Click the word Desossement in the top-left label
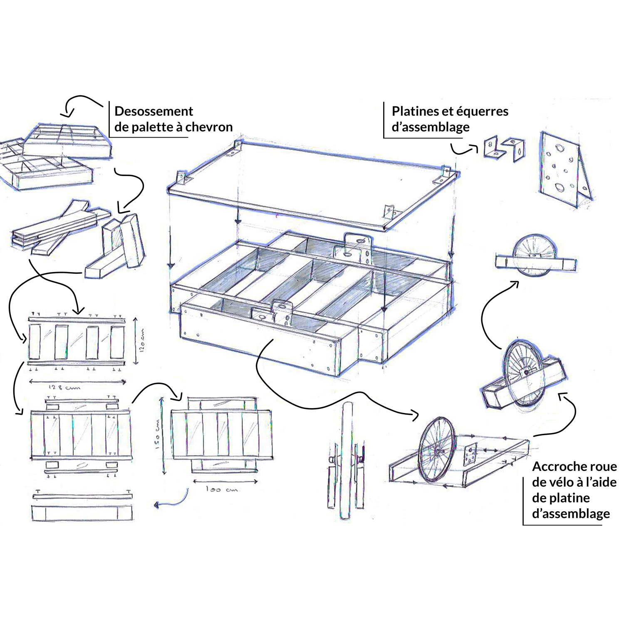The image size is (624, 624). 154,112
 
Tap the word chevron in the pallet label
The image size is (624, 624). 209,127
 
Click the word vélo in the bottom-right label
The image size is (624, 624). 563,482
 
